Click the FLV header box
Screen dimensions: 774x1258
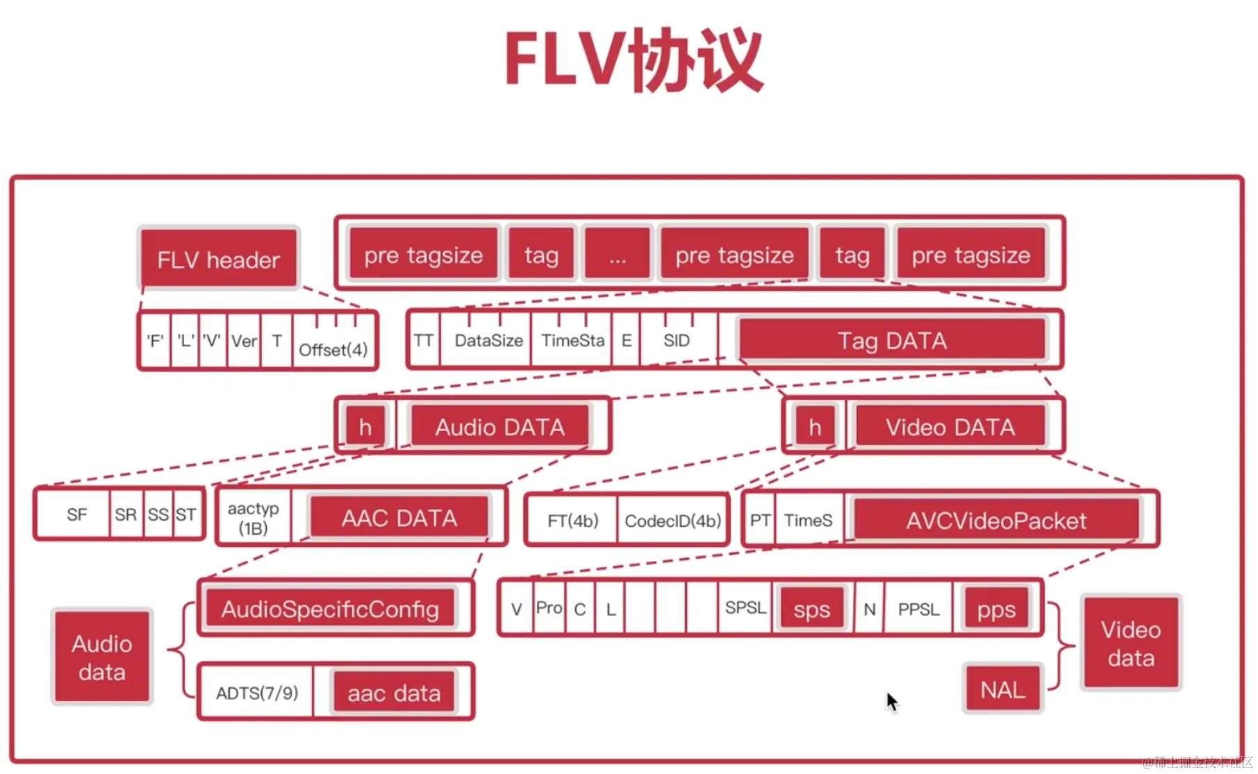tap(219, 259)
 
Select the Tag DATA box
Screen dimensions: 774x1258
tap(892, 340)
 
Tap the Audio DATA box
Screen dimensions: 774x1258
tap(499, 426)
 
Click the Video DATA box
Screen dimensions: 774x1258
tap(950, 426)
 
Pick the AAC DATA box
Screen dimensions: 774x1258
tap(399, 518)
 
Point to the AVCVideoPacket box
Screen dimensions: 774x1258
tap(996, 520)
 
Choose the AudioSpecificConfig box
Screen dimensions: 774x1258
tap(330, 609)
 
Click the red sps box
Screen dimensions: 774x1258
tap(811, 609)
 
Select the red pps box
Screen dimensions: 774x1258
tap(996, 609)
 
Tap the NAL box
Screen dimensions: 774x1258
tap(1002, 689)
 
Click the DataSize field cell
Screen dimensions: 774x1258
tap(488, 340)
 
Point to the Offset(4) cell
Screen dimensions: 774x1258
tap(333, 348)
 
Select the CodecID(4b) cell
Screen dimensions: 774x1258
tap(672, 521)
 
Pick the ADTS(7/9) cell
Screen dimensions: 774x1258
tap(257, 693)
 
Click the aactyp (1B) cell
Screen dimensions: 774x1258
tap(254, 518)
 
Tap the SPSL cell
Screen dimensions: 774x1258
tap(745, 608)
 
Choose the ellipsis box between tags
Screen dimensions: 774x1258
tap(617, 255)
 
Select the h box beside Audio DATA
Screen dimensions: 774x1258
tap(365, 426)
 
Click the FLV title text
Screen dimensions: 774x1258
tap(634, 60)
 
